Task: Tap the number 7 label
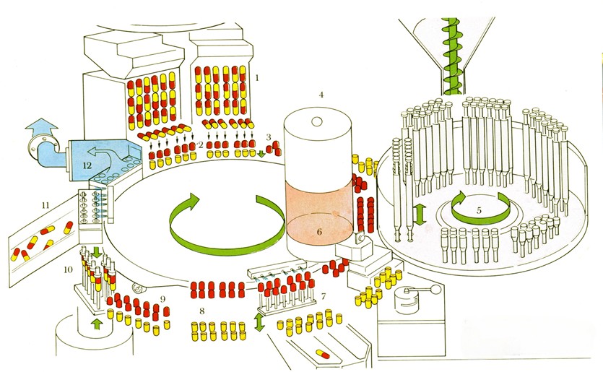tap(324, 296)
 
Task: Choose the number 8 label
tap(203, 311)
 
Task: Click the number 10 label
tap(67, 270)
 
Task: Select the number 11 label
tap(44, 206)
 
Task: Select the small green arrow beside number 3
tap(261, 152)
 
